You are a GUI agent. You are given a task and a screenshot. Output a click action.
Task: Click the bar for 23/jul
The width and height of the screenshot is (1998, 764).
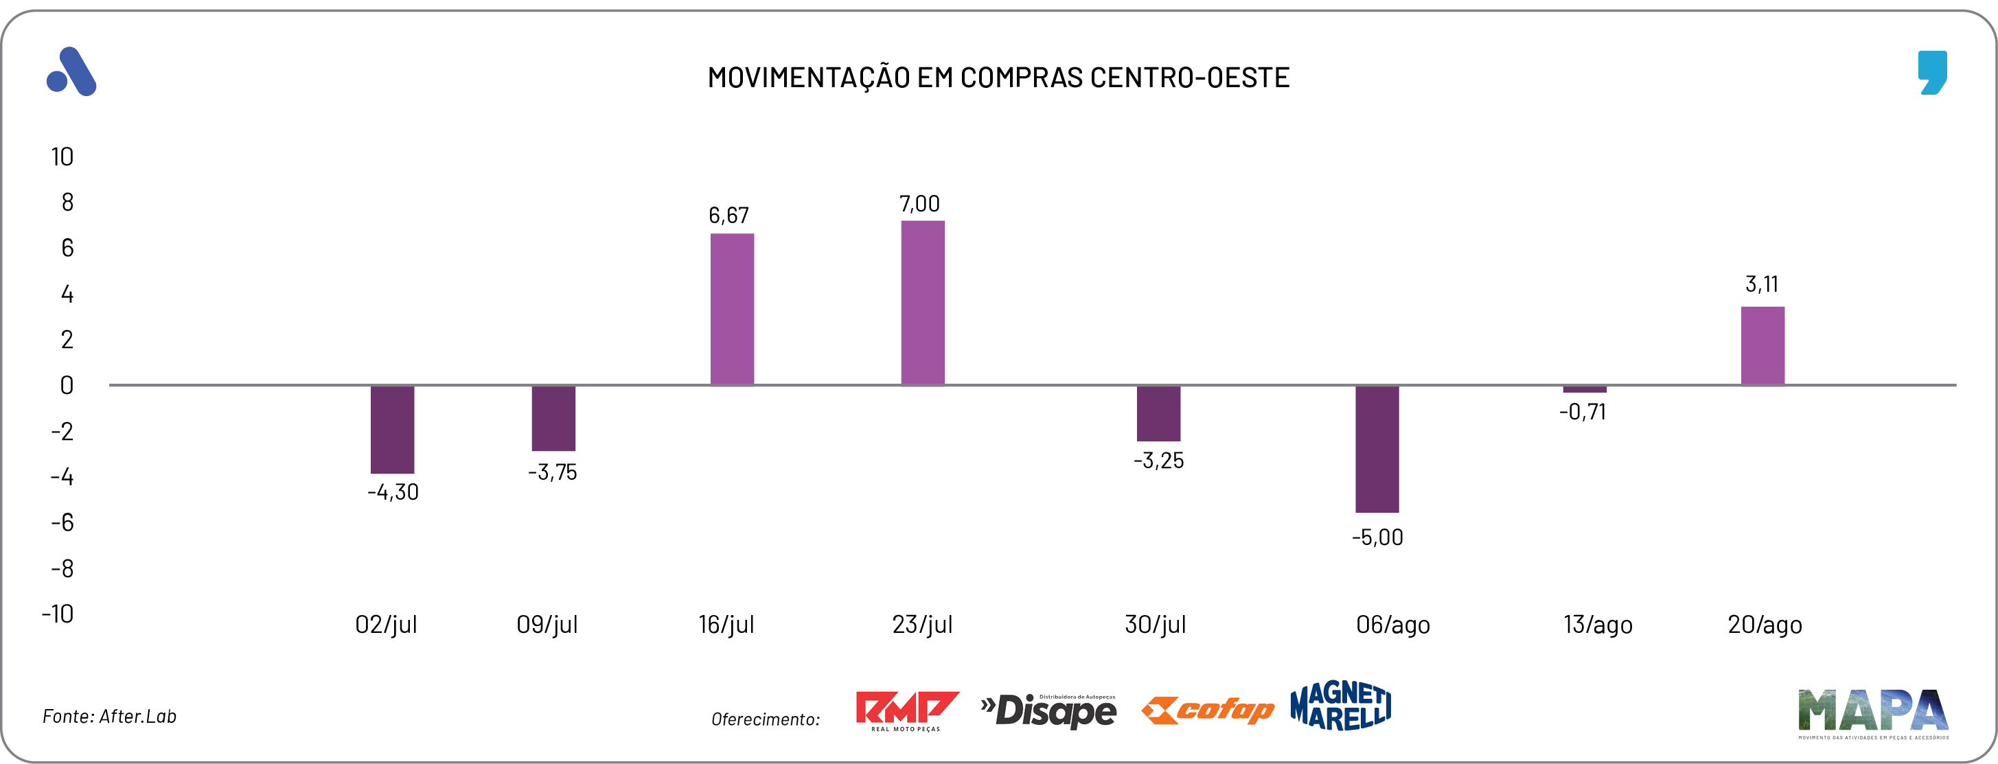tap(922, 303)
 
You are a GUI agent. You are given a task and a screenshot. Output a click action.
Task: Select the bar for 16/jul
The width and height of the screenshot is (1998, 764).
tap(731, 309)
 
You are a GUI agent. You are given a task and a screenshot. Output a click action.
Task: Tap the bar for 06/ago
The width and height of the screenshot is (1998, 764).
tap(1377, 448)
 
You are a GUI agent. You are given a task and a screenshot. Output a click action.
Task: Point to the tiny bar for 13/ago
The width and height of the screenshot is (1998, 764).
tap(1584, 389)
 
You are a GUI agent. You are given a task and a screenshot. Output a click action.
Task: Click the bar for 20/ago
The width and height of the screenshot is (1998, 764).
tap(1762, 345)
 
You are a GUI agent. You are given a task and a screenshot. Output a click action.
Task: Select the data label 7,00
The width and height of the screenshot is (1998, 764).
tap(919, 204)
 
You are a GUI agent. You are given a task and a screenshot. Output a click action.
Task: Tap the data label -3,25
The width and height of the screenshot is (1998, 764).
tap(1158, 461)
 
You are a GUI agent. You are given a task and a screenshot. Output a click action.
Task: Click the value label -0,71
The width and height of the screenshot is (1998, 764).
tap(1583, 412)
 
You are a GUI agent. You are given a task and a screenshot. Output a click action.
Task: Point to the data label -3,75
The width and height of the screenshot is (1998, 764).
tap(552, 472)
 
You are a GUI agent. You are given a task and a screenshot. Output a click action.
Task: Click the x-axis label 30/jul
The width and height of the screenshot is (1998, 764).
tap(1155, 625)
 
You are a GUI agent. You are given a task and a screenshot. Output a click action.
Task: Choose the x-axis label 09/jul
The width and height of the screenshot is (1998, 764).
tap(547, 625)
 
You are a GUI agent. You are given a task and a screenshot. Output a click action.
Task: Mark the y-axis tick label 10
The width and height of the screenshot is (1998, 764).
tap(62, 157)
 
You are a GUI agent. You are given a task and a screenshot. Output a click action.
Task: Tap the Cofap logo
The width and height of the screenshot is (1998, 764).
tap(1207, 710)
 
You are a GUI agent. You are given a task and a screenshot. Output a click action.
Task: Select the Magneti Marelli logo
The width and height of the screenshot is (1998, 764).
tap(1340, 706)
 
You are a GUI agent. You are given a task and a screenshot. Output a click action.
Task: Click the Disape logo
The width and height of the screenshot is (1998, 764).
tap(1048, 710)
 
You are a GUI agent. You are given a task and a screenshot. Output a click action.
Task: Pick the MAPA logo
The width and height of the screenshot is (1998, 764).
tap(1872, 712)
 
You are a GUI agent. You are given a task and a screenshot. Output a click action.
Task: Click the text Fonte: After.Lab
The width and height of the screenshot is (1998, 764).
tap(109, 716)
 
